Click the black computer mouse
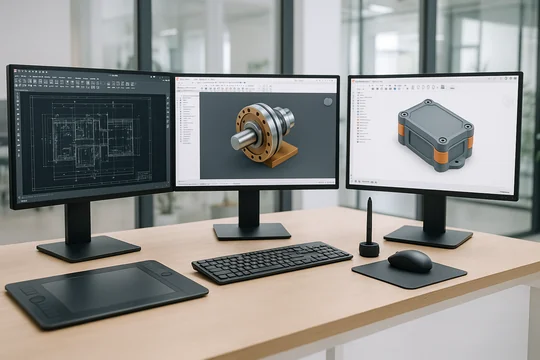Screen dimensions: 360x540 pyautogui.click(x=409, y=261)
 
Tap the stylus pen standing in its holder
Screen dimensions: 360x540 pyautogui.click(x=369, y=220)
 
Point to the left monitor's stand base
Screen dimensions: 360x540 pyautogui.click(x=88, y=247)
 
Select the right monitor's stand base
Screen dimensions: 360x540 pyautogui.click(x=428, y=236)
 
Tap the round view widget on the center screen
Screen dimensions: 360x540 pyautogui.click(x=327, y=101)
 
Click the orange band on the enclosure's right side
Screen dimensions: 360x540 pyautogui.click(x=467, y=141)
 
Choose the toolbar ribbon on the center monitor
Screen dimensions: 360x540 pyautogui.click(x=256, y=84)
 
